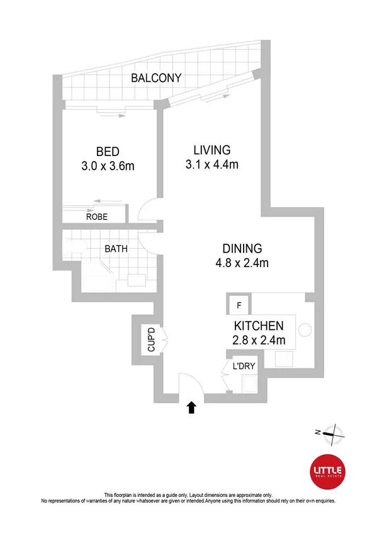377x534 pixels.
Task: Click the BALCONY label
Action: click(x=156, y=79)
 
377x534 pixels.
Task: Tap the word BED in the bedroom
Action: click(x=108, y=152)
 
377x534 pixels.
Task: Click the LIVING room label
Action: click(x=211, y=151)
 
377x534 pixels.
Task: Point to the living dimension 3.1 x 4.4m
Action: click(x=211, y=165)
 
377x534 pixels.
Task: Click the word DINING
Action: click(x=241, y=248)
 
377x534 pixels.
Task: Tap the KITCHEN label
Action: click(x=259, y=326)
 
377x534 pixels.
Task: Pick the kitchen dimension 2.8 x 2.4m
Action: click(x=259, y=341)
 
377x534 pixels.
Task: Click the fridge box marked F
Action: click(x=239, y=305)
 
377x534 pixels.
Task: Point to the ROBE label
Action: click(x=97, y=217)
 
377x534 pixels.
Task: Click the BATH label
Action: click(x=116, y=249)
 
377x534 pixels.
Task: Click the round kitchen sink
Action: click(x=305, y=329)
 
